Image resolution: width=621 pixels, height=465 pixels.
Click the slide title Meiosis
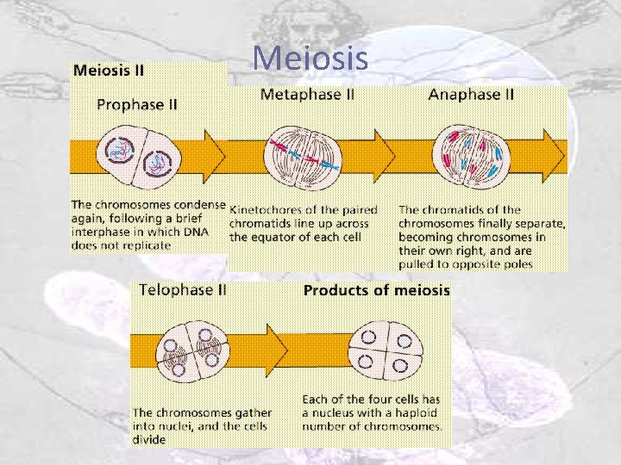310,59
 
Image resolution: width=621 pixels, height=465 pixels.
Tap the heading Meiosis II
108,70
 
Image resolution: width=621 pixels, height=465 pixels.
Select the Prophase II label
137,104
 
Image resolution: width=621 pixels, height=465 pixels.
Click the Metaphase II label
306,95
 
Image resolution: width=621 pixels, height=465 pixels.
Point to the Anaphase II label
471,95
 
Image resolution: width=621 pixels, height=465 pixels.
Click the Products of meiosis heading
376,290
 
